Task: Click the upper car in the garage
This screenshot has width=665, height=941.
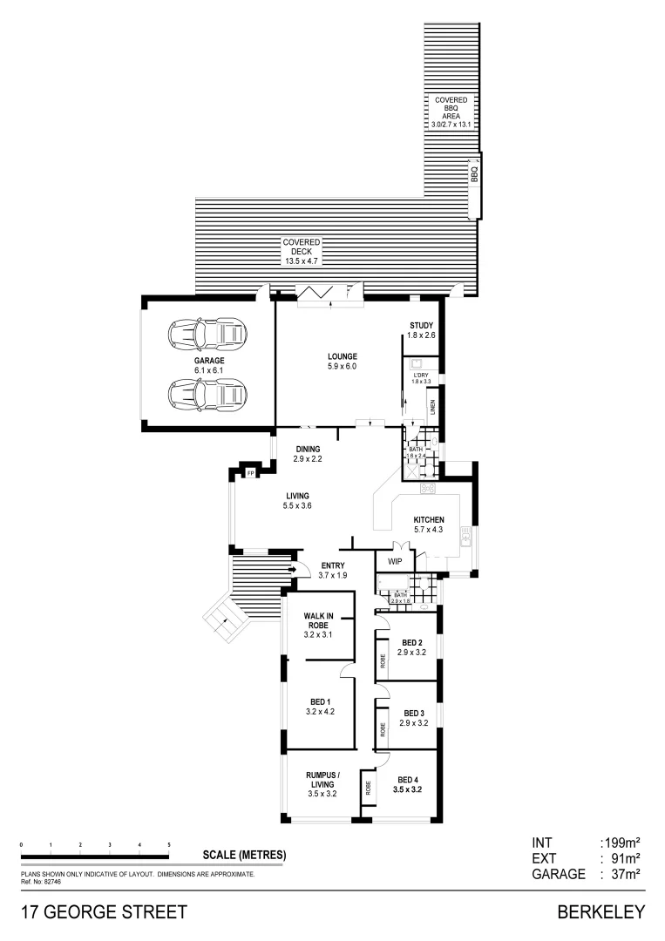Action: pos(208,332)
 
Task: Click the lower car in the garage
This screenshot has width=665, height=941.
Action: pos(208,395)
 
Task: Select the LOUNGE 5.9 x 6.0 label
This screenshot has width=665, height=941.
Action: pos(343,361)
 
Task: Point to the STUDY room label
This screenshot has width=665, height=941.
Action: pos(422,330)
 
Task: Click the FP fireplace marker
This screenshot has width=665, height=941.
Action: pos(251,473)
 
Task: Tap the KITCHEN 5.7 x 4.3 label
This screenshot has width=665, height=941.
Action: pos(428,524)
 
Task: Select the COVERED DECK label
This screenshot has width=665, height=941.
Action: pos(302,251)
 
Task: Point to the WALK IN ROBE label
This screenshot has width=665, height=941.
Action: pos(320,625)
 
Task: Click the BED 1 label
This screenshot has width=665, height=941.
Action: pos(320,706)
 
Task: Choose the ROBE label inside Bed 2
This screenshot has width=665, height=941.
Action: pos(383,660)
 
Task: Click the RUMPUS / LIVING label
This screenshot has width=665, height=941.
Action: pos(322,782)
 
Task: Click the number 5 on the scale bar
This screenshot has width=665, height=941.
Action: pos(168,845)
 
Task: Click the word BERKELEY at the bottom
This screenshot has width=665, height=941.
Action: pos(601,912)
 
